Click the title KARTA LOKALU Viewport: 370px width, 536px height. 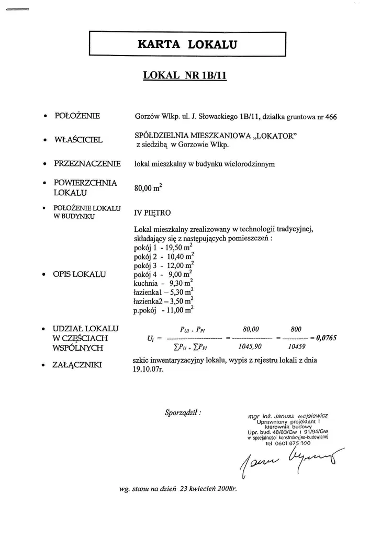(x=187, y=44)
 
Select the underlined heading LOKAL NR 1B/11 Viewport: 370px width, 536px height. (x=184, y=75)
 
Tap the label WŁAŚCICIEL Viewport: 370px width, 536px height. (x=79, y=140)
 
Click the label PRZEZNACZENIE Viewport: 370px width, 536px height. (x=87, y=163)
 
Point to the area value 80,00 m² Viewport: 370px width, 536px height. (x=149, y=187)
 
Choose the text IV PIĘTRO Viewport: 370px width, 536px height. (x=152, y=213)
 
